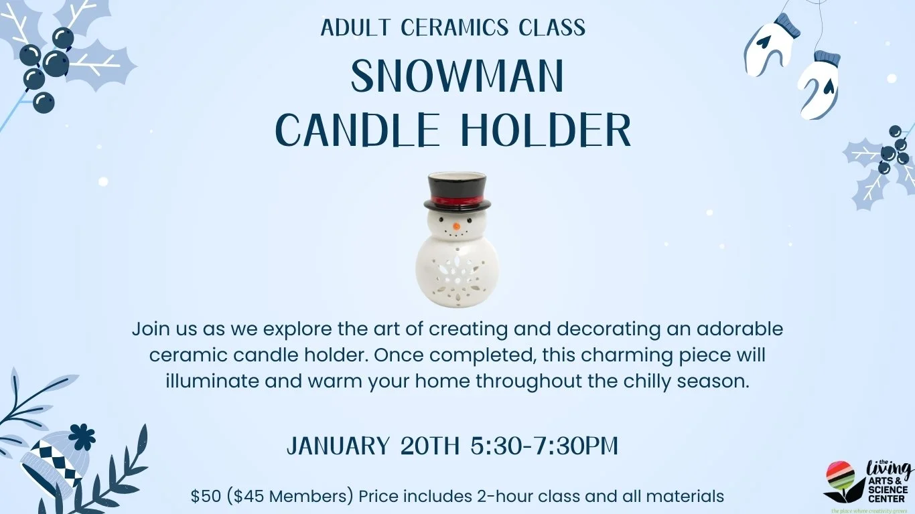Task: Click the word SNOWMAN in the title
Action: point(457,77)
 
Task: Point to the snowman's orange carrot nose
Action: point(456,226)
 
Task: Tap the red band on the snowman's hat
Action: point(455,200)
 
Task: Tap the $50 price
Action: point(204,497)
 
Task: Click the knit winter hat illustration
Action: point(51,461)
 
